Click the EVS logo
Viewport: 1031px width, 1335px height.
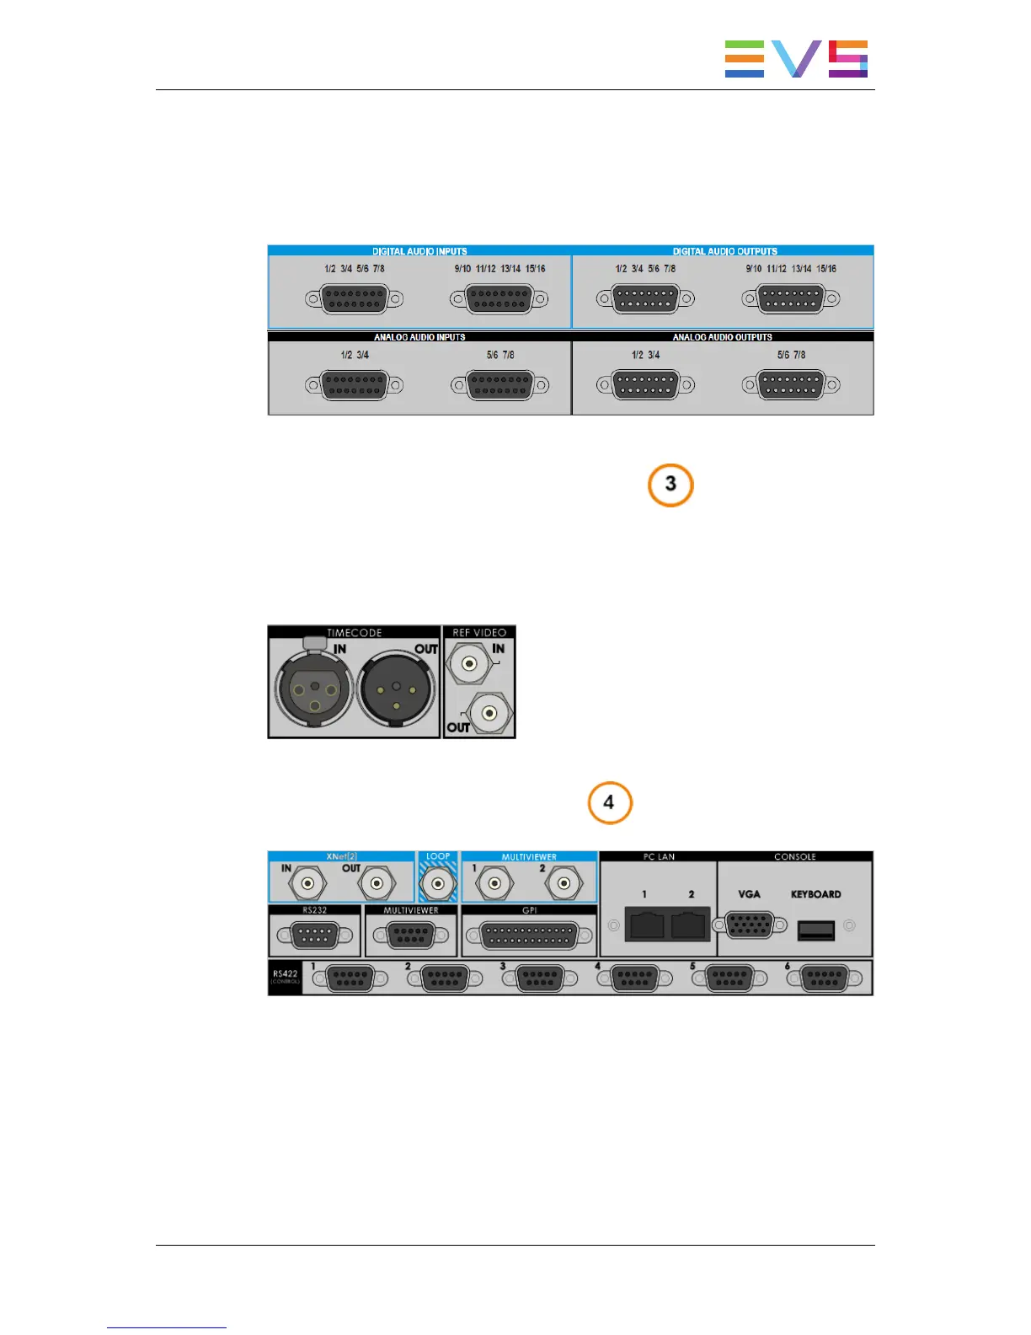click(796, 59)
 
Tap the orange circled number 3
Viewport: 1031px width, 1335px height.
click(670, 485)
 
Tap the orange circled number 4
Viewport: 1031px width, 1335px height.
click(609, 802)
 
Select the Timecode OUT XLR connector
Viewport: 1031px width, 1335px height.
click(396, 689)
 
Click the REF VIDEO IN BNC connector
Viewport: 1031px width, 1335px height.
click(469, 663)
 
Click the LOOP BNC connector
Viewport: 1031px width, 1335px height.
click(438, 883)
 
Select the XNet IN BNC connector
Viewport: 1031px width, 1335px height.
click(307, 883)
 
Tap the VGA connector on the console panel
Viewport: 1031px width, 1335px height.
click(749, 925)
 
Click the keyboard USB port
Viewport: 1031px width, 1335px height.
click(815, 930)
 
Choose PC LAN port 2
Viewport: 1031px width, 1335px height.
click(689, 925)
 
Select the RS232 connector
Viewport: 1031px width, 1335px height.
click(314, 936)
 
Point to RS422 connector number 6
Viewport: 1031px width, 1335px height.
click(825, 978)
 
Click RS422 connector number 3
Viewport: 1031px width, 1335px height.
click(539, 978)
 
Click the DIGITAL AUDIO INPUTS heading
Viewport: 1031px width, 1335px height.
click(419, 251)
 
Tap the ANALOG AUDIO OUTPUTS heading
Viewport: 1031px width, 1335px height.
click(722, 337)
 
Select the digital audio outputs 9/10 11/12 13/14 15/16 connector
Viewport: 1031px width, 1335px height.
click(791, 298)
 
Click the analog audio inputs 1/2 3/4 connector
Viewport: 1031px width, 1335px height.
click(355, 385)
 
